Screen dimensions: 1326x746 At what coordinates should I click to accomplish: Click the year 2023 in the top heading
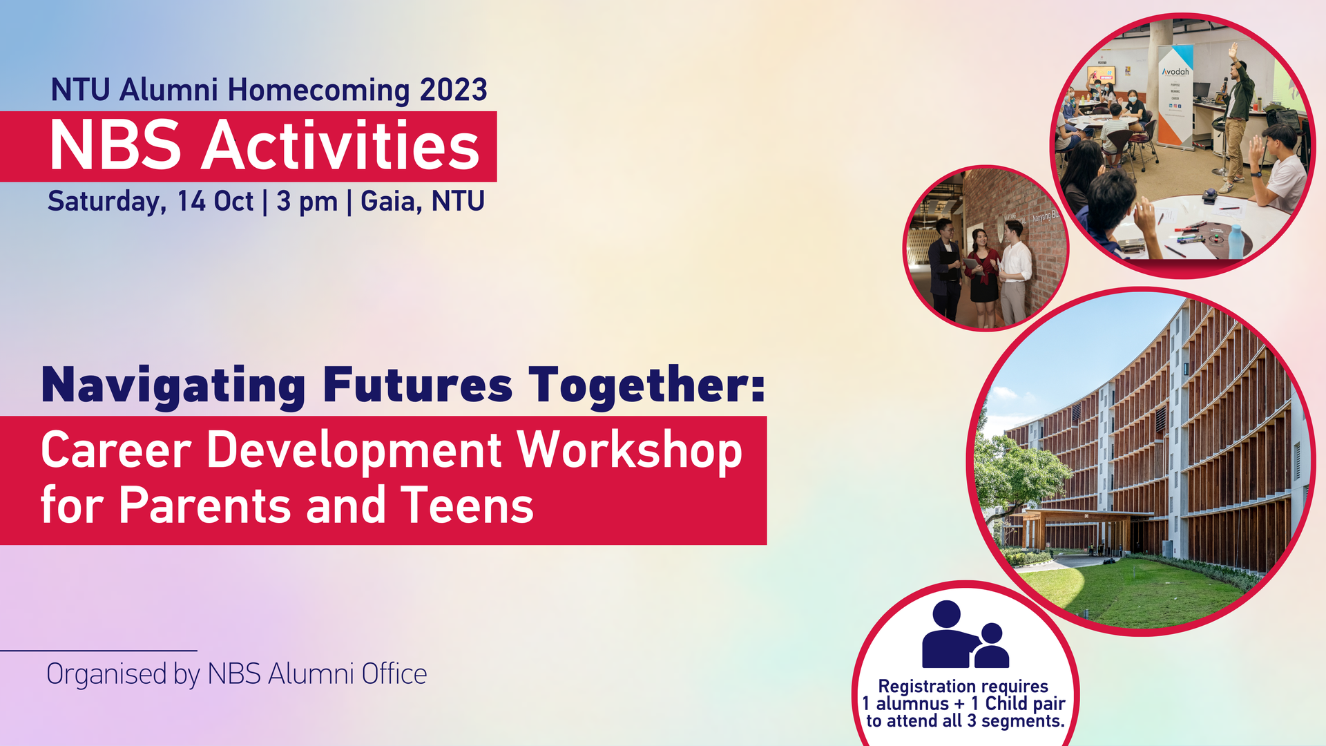[x=454, y=90]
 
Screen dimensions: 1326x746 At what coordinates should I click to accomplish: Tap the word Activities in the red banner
[x=340, y=145]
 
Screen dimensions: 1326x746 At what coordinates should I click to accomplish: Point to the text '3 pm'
[x=307, y=202]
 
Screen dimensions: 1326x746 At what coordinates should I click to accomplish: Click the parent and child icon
[x=965, y=635]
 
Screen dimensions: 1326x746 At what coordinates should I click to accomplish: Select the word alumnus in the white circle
[x=912, y=704]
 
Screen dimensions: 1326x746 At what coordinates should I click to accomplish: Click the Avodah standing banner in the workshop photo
[x=1175, y=95]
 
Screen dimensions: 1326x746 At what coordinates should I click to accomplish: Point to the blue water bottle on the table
[x=1236, y=242]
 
